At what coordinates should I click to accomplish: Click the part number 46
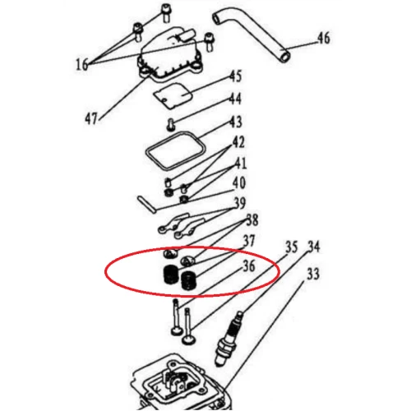click(x=324, y=38)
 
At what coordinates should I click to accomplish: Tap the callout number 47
click(x=91, y=118)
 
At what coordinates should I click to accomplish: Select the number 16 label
click(x=82, y=65)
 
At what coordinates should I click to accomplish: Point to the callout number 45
click(x=236, y=76)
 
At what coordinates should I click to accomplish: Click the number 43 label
click(x=236, y=122)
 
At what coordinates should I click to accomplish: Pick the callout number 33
click(x=312, y=274)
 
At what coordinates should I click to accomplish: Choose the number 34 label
click(x=314, y=247)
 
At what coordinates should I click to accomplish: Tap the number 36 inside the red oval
click(x=249, y=266)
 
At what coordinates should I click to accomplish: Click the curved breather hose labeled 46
click(x=251, y=35)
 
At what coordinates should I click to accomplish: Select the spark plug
click(x=229, y=339)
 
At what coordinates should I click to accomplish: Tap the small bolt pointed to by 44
click(x=170, y=124)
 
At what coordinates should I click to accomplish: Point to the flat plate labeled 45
click(x=173, y=98)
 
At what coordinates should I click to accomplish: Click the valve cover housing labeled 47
click(x=171, y=56)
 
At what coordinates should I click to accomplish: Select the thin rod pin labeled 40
click(x=146, y=204)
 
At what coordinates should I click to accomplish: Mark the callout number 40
click(x=239, y=182)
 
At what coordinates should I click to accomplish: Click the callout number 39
click(x=240, y=203)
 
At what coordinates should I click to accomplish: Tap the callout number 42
click(x=238, y=142)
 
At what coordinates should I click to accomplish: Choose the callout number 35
click(x=291, y=247)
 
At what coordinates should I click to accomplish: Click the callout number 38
click(x=252, y=219)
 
